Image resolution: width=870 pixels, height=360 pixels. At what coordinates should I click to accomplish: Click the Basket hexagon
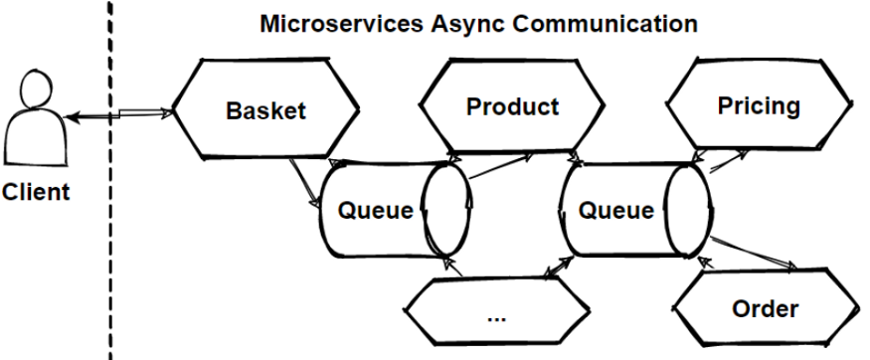[265, 108]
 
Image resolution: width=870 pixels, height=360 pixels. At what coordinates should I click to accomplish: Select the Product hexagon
[512, 105]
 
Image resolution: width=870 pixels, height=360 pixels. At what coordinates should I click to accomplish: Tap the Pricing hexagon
[759, 104]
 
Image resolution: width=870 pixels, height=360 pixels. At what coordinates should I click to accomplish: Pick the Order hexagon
[766, 308]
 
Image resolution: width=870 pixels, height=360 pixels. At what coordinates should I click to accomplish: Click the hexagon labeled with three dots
[496, 311]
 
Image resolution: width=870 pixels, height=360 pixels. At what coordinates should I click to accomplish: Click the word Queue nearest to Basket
[376, 211]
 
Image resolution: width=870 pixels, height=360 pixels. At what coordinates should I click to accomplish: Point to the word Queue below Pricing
[615, 211]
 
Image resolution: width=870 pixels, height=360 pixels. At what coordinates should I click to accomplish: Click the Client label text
[36, 193]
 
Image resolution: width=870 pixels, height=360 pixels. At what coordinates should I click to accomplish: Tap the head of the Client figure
[37, 89]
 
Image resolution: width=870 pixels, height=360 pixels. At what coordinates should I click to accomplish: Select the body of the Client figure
[36, 136]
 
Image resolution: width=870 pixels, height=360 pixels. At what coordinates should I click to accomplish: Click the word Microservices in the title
[341, 24]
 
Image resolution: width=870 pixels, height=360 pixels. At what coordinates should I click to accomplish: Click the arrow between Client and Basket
[118, 114]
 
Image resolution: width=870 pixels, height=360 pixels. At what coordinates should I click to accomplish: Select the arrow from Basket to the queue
[304, 184]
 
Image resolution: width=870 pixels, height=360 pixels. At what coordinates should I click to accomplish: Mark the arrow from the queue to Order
[754, 254]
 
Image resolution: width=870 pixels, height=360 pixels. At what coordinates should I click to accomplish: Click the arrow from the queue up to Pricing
[729, 161]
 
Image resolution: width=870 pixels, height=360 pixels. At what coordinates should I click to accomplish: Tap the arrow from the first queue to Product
[500, 166]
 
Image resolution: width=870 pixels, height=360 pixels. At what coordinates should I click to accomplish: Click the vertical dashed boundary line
[109, 180]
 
